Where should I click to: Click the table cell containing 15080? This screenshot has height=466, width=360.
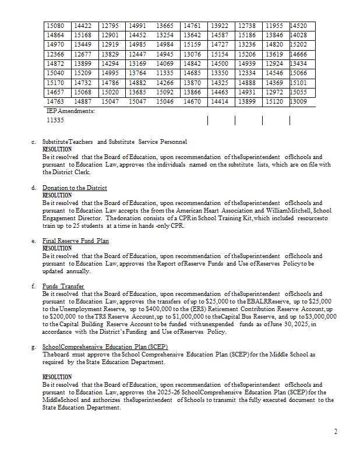coord(57,26)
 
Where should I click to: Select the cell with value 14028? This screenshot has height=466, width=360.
coord(299,35)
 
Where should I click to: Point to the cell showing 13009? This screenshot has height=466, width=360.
coord(299,101)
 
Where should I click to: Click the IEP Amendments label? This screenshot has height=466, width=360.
coord(70,110)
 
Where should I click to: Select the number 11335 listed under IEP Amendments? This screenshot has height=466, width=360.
coord(55,120)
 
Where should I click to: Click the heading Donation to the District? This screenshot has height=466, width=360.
coord(75,188)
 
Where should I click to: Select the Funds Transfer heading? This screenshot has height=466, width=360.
coord(63,287)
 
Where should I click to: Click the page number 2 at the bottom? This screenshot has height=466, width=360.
coord(336,432)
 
